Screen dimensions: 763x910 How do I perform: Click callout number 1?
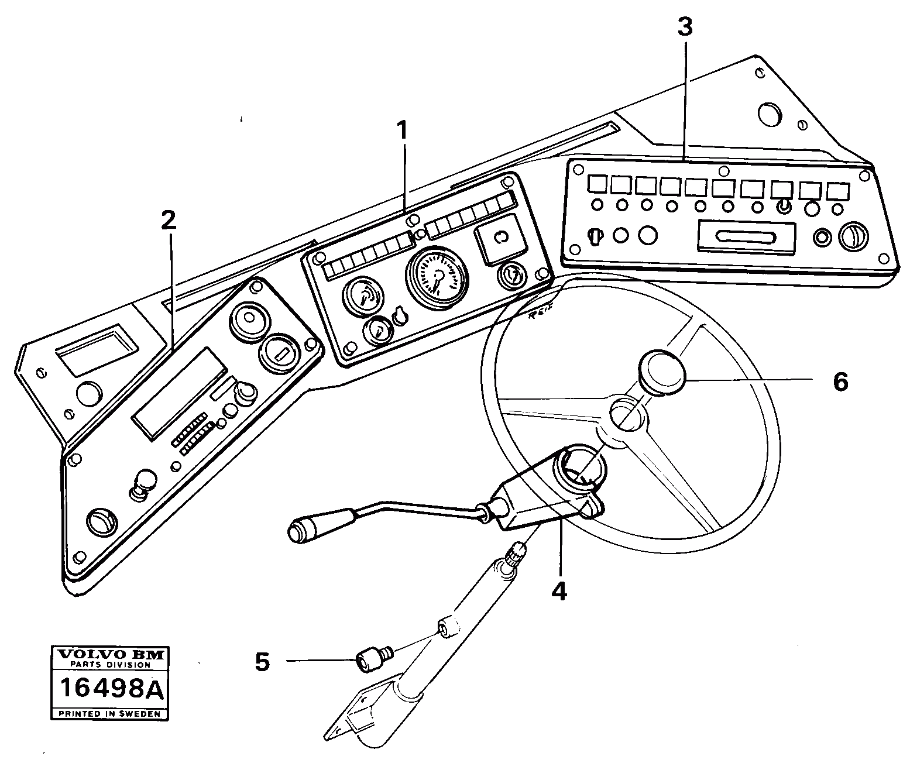pos(401,130)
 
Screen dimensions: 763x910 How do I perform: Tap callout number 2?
pos(168,220)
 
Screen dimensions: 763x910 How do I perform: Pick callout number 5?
pos(262,662)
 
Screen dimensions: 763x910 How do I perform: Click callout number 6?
pos(840,382)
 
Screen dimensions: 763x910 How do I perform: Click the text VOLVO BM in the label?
pos(109,654)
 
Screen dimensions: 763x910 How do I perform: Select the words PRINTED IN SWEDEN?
pos(109,714)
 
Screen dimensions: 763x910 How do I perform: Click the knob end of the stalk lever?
pos(302,531)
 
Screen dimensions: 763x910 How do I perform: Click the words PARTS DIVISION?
pos(109,665)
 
